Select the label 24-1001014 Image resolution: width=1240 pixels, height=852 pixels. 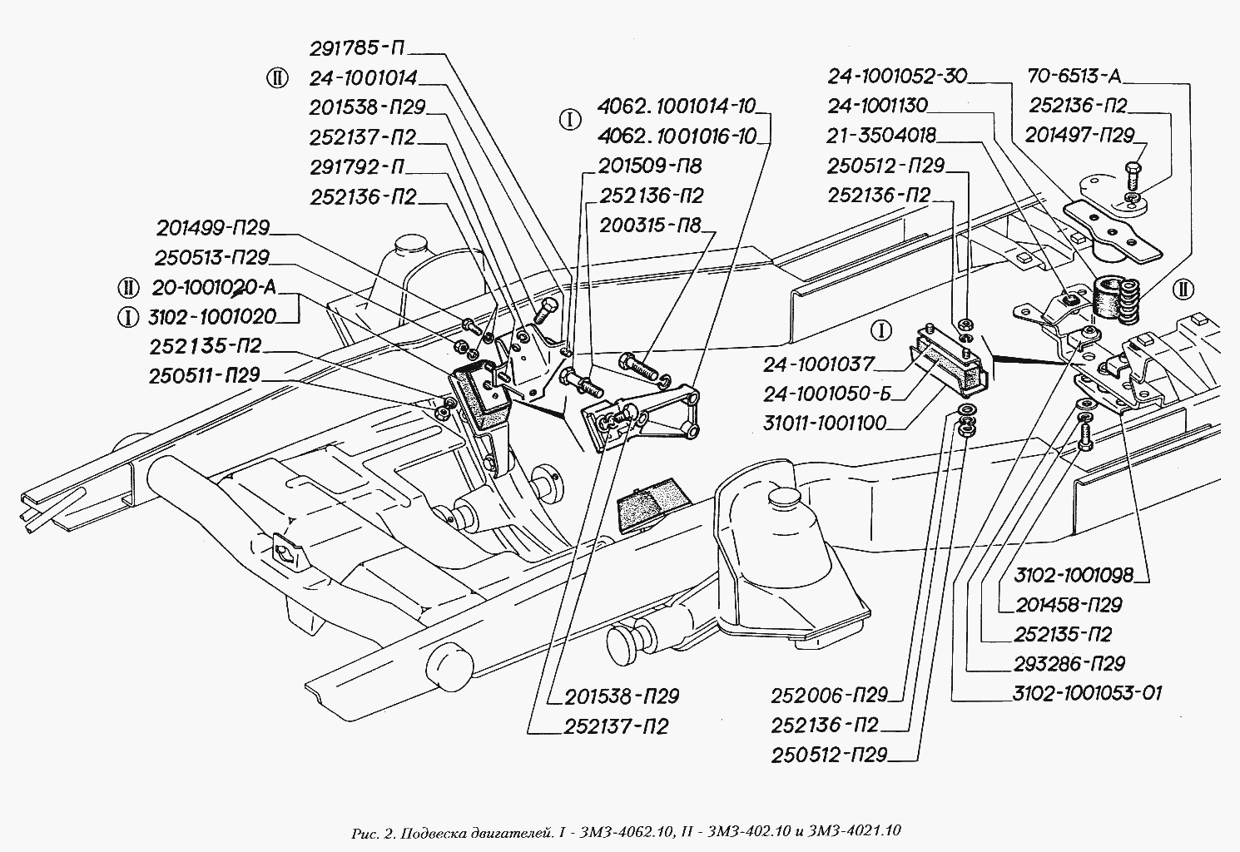[363, 79]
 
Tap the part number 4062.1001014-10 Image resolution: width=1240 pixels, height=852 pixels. [676, 106]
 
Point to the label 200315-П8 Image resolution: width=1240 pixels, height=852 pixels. [649, 225]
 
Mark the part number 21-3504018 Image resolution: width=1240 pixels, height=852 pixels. [881, 136]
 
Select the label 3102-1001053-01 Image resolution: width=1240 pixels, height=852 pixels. [1088, 693]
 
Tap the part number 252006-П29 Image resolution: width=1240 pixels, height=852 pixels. [829, 695]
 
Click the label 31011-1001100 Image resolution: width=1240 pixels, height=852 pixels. [824, 424]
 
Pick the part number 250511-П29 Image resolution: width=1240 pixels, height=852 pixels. [205, 376]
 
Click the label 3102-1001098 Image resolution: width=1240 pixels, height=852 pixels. [1074, 576]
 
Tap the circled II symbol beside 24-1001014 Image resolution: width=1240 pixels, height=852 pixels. [276, 79]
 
